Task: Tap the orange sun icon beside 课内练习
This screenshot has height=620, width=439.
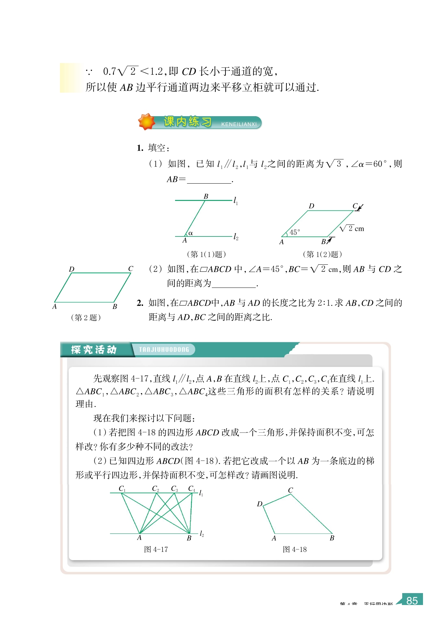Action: coord(146,122)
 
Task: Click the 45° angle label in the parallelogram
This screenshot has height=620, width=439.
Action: coord(295,232)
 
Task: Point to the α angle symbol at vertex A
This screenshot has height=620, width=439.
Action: coord(190,233)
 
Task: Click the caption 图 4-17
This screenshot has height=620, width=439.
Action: coord(156,549)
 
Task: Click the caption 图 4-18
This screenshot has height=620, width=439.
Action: coord(295,549)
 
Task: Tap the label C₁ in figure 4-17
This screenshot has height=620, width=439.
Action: coord(122,489)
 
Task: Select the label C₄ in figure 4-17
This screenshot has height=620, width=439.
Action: coord(192,489)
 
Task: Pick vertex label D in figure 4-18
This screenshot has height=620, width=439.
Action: coord(260,504)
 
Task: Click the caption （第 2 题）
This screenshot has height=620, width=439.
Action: coord(86,317)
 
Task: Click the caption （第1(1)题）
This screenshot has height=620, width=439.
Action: coord(206,254)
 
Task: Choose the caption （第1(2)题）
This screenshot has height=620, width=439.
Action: coord(322,254)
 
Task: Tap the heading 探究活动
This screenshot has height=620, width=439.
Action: coord(94,350)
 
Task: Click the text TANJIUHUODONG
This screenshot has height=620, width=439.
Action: coord(164,350)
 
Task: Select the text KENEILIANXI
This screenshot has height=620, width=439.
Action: coord(239,124)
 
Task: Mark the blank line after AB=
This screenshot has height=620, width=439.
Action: coord(209,181)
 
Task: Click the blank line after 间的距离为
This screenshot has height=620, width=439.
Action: coord(234,285)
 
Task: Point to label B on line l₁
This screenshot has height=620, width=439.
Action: coord(206,196)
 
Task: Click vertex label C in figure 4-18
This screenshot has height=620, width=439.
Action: coord(291,490)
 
